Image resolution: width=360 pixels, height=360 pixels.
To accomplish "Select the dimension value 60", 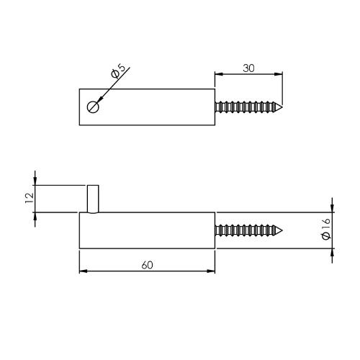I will point(147,265).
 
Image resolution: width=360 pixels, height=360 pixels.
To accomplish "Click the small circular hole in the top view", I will point(92,107).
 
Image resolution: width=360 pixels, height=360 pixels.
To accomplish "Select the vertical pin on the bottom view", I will point(93,199).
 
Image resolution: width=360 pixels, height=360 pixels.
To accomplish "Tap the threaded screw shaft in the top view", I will point(245,107).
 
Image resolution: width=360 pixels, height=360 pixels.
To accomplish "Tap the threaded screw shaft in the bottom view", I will point(245,230).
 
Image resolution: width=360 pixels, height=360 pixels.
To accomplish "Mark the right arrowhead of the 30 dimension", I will point(279,73).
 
